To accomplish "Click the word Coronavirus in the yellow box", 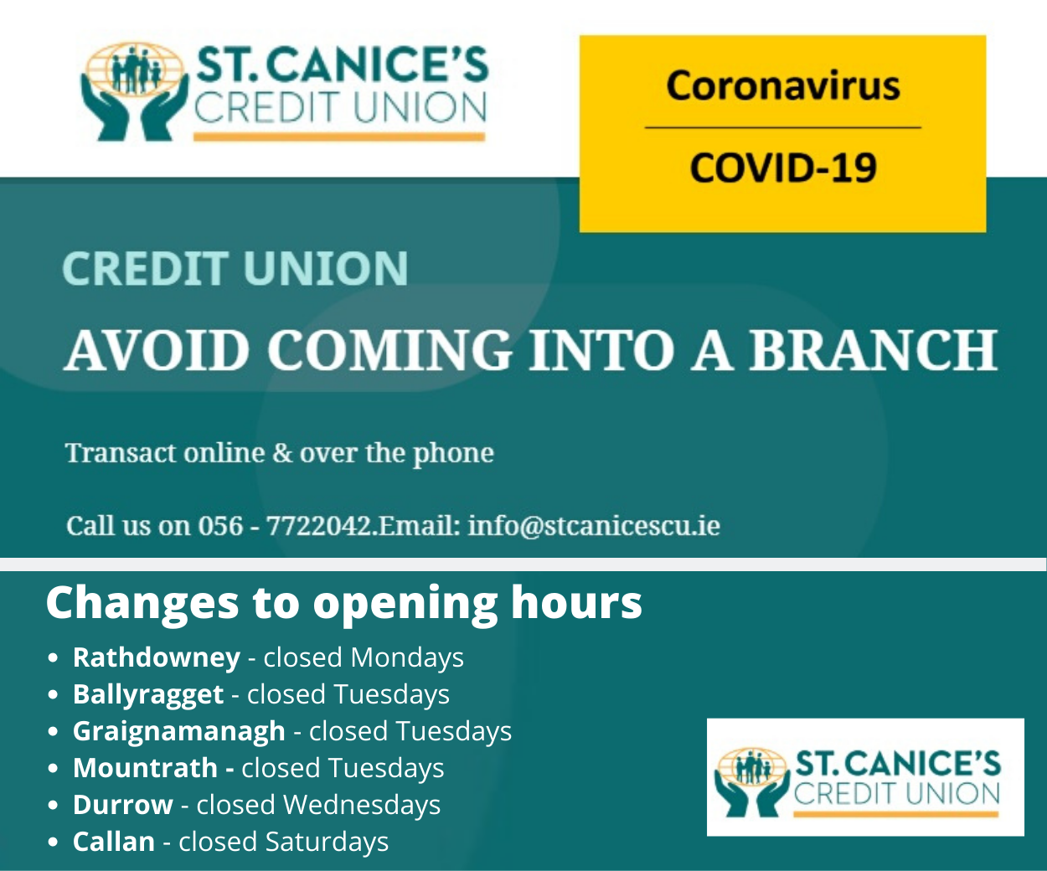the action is click(783, 85).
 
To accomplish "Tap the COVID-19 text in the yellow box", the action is click(783, 167).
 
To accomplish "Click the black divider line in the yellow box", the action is click(783, 127).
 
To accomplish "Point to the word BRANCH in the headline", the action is click(873, 350).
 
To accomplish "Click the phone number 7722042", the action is click(319, 525).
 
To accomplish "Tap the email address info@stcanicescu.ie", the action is click(594, 525).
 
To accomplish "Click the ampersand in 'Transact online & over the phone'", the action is click(282, 453).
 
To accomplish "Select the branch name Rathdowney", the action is click(157, 657).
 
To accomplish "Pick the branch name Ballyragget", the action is click(148, 694).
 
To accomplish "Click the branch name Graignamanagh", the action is click(179, 731).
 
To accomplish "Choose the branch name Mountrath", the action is click(146, 768).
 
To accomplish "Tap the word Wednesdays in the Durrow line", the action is click(362, 805).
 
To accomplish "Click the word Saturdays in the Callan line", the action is click(327, 842).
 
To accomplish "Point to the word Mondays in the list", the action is click(407, 657).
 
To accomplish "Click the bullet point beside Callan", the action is click(53, 843).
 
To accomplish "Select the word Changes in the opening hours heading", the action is click(142, 602).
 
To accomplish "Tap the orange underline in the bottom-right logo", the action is click(895, 815).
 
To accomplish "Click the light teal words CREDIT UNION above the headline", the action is click(235, 269).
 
